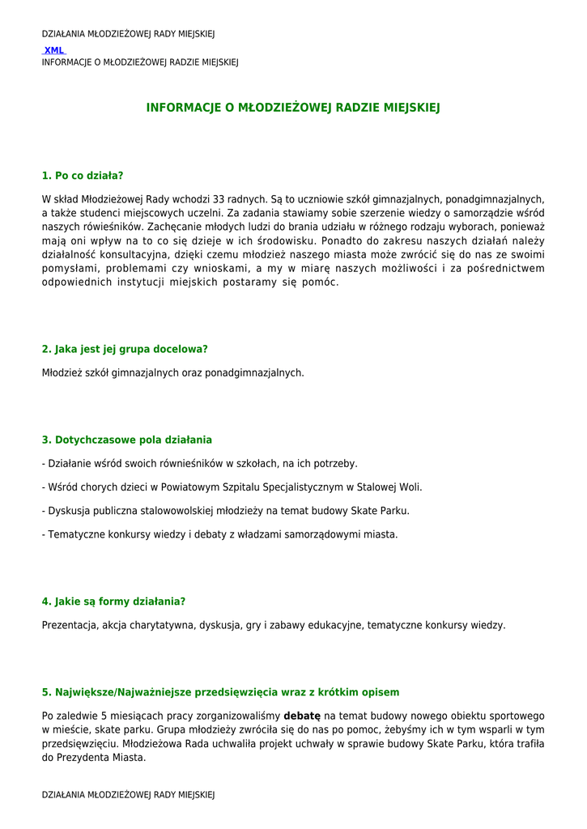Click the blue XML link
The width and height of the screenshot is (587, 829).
(54, 50)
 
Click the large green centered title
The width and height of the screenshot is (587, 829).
(293, 108)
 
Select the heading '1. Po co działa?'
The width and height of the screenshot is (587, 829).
(83, 176)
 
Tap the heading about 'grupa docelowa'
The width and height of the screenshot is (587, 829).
(125, 349)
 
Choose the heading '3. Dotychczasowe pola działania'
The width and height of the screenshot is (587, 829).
(127, 440)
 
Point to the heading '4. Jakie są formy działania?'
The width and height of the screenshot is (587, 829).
(114, 602)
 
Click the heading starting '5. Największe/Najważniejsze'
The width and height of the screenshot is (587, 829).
(220, 692)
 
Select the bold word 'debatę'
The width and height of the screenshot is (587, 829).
(302, 716)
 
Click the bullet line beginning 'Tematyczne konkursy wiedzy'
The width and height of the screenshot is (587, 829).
(220, 534)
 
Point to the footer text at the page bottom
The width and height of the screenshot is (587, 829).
(128, 795)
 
